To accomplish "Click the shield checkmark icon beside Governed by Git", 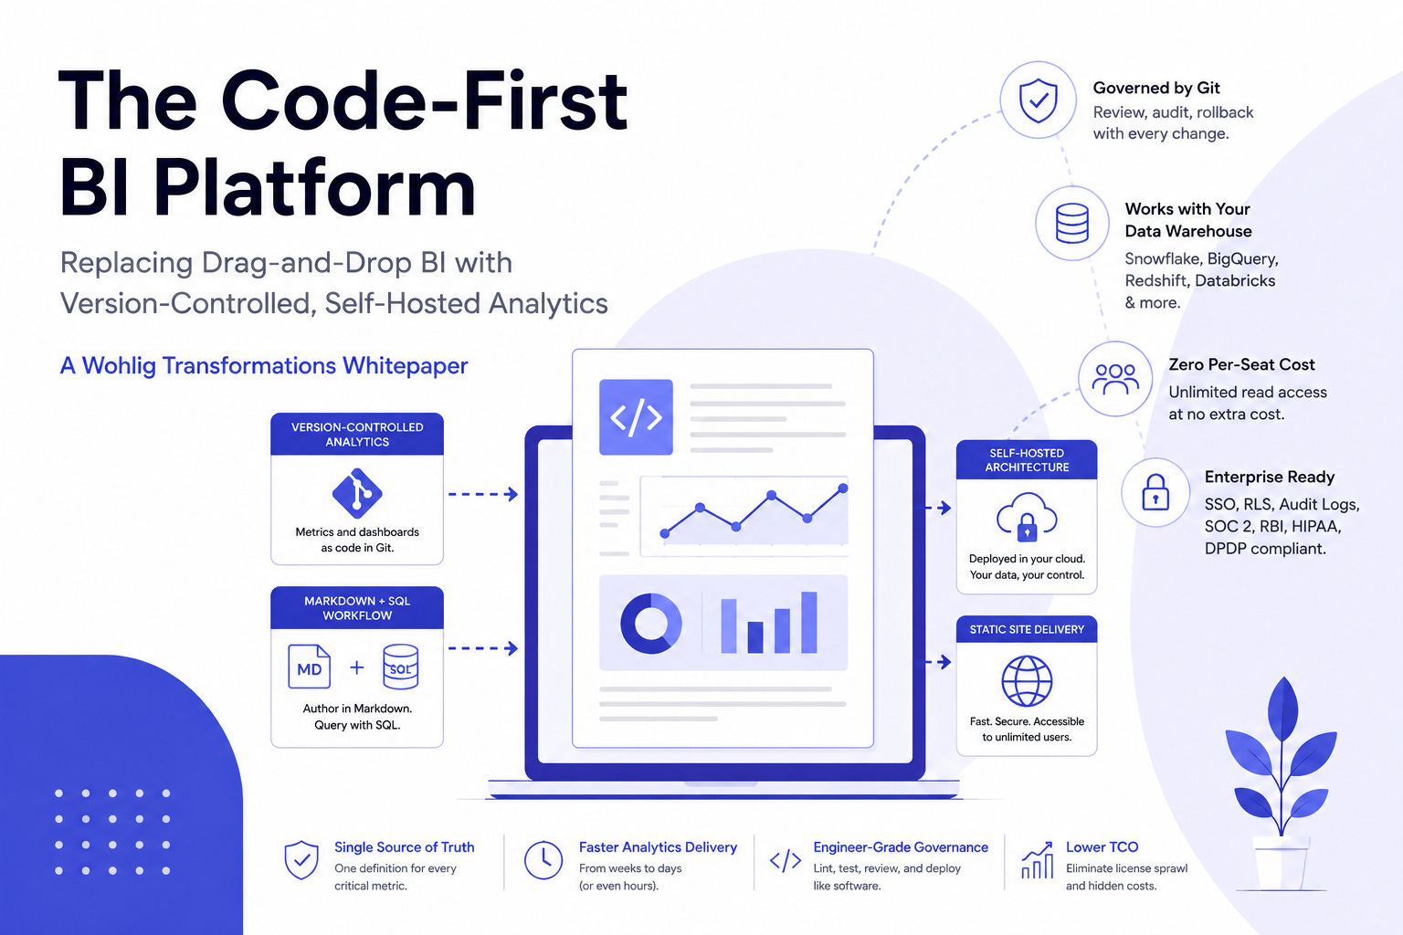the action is pos(1038,100).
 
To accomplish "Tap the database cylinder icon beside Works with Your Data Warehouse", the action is pos(1071,223).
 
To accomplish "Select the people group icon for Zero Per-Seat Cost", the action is pos(1115,379).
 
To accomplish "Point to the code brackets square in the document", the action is pos(636,417).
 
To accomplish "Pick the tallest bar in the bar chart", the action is pos(809,622).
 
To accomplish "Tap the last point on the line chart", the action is pos(842,488).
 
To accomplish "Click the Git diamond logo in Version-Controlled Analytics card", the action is pos(357,493).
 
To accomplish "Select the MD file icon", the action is pos(309,667).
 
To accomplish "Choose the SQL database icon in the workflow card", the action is pos(400,667).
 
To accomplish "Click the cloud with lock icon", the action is pos(1027,517).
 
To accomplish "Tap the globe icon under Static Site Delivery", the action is pos(1027,681).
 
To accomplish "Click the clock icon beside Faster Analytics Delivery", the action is pos(543,860).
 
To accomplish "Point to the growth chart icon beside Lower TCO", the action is pos(1038,860).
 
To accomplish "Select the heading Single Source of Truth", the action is pos(404,847).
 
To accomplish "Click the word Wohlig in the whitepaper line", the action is pos(119,366).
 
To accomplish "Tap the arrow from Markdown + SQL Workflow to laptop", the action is pos(483,648).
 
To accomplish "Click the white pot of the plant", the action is pos(1281,864).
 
